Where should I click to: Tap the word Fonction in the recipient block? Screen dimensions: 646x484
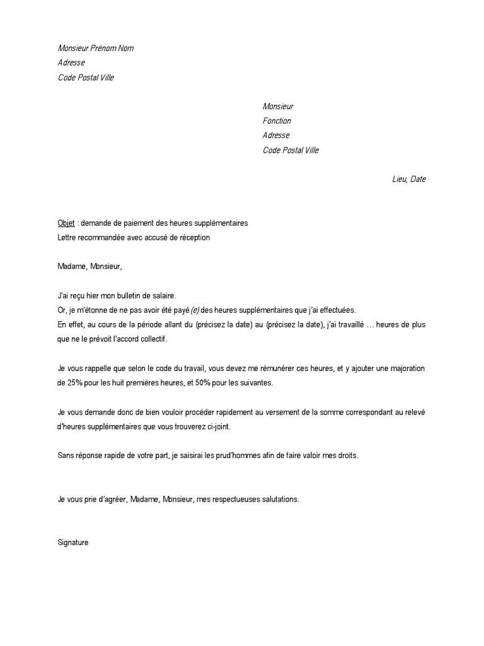coord(277,120)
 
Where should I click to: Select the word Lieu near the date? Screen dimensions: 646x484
coord(399,179)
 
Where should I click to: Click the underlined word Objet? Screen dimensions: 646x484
coord(66,223)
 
